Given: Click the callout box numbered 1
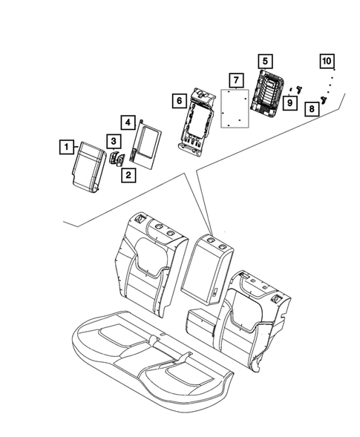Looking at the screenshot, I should (x=67, y=148).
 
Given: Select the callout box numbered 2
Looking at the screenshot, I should (x=128, y=176).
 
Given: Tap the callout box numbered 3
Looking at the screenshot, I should (x=113, y=140).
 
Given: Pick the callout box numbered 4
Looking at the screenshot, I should (x=128, y=121).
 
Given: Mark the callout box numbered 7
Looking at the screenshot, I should (x=235, y=79).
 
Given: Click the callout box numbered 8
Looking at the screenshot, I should (x=312, y=109).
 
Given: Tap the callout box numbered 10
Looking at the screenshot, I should (x=327, y=60).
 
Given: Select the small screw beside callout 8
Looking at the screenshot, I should (x=325, y=99).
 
